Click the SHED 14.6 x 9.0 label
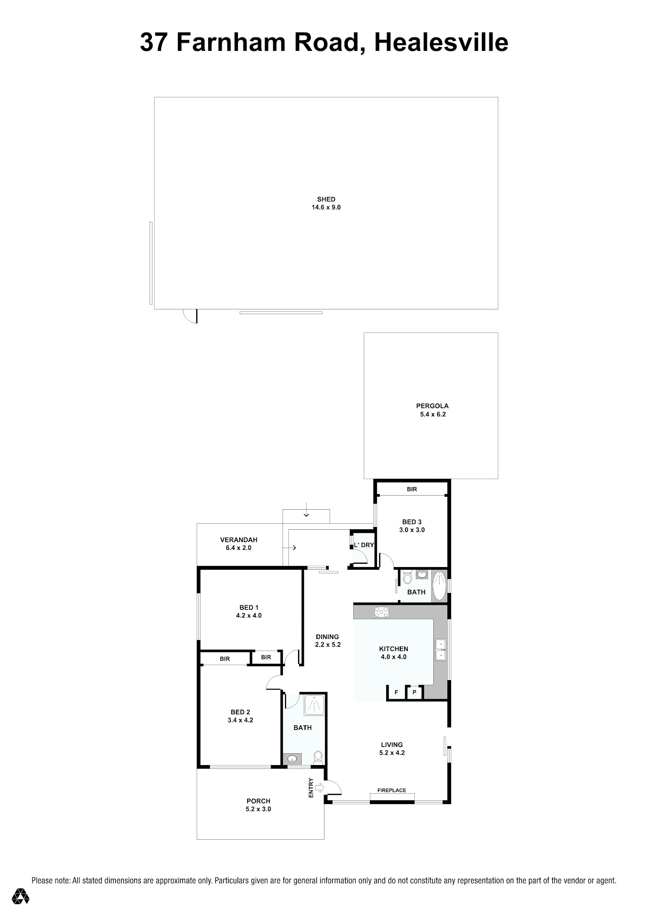pos(326,203)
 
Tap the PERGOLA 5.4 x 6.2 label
pos(433,410)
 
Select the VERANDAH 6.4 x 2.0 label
pos(239,544)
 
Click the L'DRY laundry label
pos(364,545)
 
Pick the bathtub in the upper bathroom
pos(440,586)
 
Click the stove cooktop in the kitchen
pos(381,612)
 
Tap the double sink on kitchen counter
pos(440,649)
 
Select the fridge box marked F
pos(396,693)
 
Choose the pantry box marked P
pos(414,693)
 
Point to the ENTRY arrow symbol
pos(319,788)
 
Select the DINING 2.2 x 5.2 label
pos(328,641)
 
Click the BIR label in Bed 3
pos(412,489)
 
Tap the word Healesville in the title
pos(441,42)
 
